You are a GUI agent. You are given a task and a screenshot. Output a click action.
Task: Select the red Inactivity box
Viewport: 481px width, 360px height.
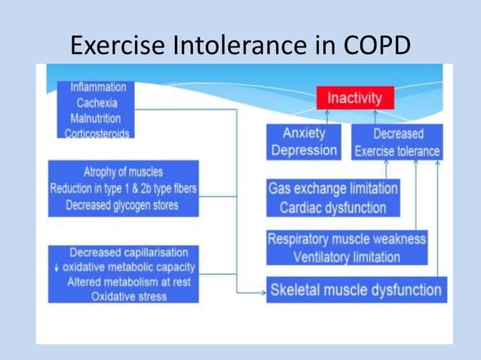354,98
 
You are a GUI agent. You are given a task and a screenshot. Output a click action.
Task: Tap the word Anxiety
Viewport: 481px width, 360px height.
304,133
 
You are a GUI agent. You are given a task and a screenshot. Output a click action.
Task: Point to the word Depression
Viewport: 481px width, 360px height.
304,150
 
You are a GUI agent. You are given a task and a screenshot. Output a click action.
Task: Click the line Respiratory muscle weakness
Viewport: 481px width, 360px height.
347,239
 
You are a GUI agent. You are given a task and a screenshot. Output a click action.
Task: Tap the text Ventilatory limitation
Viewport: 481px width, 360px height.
347,258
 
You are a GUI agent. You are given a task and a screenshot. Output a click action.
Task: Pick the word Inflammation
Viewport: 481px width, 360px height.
98,87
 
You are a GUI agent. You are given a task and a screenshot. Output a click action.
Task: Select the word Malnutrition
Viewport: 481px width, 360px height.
96,118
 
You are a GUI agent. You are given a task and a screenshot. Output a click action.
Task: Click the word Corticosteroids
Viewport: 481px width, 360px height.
95,133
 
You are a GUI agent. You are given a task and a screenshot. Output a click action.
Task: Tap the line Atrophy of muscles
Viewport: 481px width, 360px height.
123,172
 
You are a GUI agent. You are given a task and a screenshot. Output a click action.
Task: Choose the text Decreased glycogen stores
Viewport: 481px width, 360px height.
123,206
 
